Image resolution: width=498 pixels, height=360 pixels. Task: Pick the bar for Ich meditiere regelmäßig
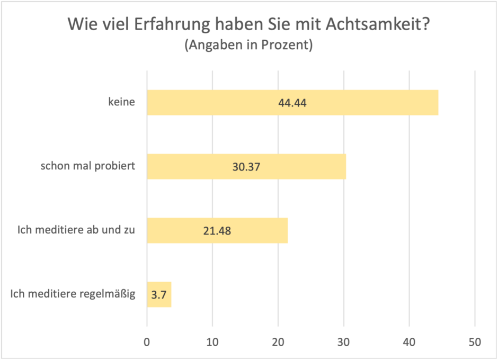(159, 294)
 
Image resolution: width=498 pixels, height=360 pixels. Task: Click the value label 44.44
(292, 103)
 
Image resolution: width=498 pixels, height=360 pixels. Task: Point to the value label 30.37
(246, 167)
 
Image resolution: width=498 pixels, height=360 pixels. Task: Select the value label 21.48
(217, 231)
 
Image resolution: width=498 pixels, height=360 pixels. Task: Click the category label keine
(121, 103)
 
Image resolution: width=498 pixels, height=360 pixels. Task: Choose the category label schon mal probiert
(88, 166)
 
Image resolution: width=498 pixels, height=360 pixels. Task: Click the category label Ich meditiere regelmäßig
(73, 294)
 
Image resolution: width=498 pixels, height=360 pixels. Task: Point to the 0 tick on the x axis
(147, 342)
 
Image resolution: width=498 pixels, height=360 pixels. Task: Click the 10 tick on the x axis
(212, 342)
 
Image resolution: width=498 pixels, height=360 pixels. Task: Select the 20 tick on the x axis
(278, 342)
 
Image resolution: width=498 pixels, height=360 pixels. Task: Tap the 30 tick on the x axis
(344, 342)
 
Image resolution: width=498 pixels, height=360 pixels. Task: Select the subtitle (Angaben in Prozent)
(248, 46)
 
